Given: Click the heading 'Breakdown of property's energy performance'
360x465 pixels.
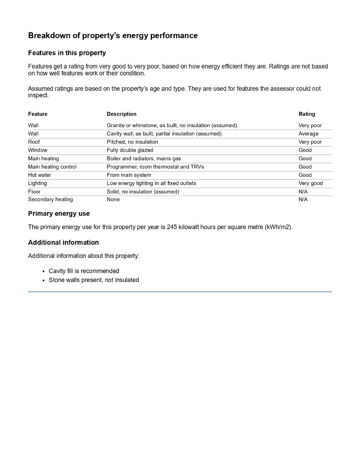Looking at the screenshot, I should (113, 35).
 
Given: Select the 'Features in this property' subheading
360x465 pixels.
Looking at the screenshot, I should (67, 53).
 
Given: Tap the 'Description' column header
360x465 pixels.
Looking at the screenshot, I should (121, 114).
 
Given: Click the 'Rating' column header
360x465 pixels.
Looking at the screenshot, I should (306, 114).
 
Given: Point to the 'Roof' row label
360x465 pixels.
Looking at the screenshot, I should (34, 142).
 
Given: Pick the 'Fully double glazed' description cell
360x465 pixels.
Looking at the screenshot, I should (130, 150).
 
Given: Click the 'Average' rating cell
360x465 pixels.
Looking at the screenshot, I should (308, 134).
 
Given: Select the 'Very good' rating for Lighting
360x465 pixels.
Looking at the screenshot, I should (311, 183).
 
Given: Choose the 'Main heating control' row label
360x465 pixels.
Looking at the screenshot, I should (52, 167).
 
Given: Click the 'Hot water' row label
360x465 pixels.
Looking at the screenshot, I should (39, 175).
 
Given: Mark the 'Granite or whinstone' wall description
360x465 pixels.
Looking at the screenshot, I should (172, 125).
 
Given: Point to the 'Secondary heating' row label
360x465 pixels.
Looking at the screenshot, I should (50, 200).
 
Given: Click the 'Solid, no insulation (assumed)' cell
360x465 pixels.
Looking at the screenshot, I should (143, 192).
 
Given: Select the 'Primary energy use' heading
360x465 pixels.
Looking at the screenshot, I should (59, 214).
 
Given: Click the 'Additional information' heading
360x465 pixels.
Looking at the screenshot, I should (63, 242).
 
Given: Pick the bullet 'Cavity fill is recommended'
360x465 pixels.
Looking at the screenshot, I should (84, 271).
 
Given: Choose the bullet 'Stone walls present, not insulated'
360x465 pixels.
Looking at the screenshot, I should (94, 280).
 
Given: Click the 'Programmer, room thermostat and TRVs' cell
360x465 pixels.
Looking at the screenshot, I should (155, 167).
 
